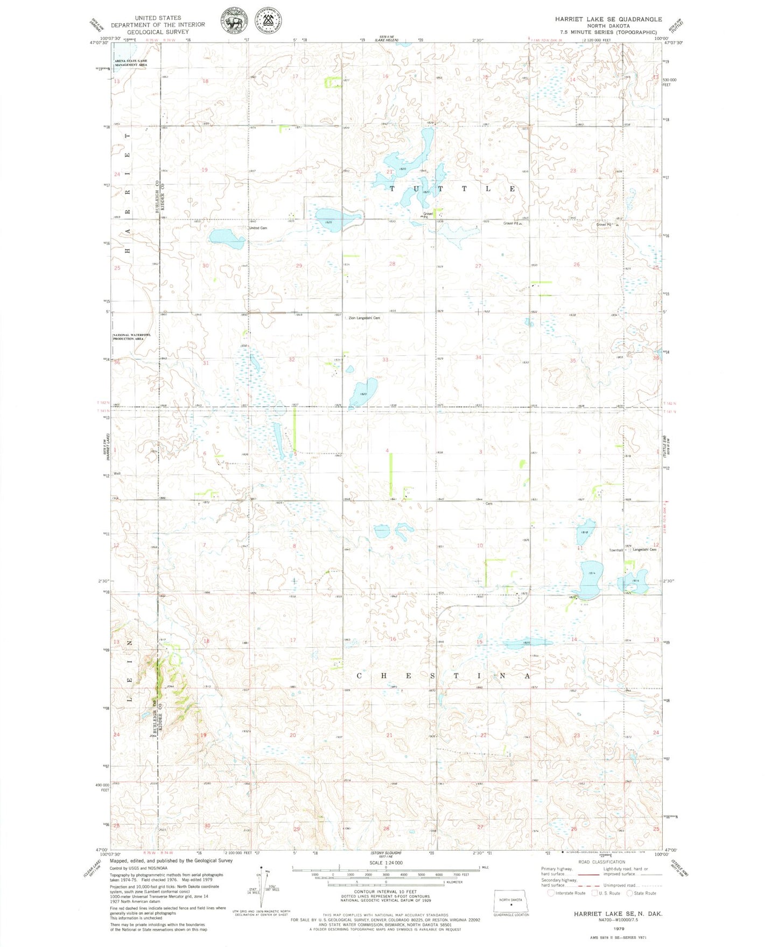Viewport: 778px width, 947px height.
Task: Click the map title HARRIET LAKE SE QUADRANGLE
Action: (x=608, y=19)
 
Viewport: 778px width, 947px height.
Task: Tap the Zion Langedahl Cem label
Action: (x=365, y=318)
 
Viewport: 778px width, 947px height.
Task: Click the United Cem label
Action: (x=258, y=228)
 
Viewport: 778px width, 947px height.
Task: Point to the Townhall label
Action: (x=616, y=550)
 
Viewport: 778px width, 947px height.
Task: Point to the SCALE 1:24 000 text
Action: (x=386, y=863)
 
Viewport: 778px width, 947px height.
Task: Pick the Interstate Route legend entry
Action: (x=566, y=893)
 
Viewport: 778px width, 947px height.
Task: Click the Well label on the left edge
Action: (x=116, y=474)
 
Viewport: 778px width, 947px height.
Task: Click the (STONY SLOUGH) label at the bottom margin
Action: (x=386, y=853)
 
